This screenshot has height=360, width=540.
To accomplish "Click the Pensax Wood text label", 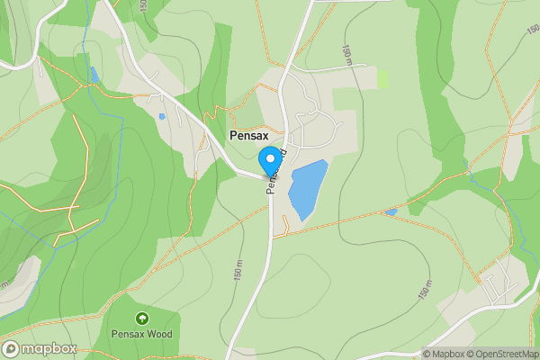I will [x=141, y=334].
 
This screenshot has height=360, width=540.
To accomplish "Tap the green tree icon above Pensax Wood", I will [x=141, y=319].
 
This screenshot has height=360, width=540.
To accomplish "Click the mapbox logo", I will [x=39, y=349].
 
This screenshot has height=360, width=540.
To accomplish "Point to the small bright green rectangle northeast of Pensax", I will [x=383, y=78].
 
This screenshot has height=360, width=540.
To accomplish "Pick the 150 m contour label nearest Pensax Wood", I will [x=238, y=267].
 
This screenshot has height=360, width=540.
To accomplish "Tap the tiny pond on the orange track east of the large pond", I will [x=391, y=212].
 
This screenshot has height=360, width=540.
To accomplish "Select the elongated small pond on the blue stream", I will [x=94, y=75].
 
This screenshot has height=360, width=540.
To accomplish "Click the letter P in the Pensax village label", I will [x=234, y=136].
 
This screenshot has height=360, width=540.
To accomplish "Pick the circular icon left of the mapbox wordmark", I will [x=11, y=349].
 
